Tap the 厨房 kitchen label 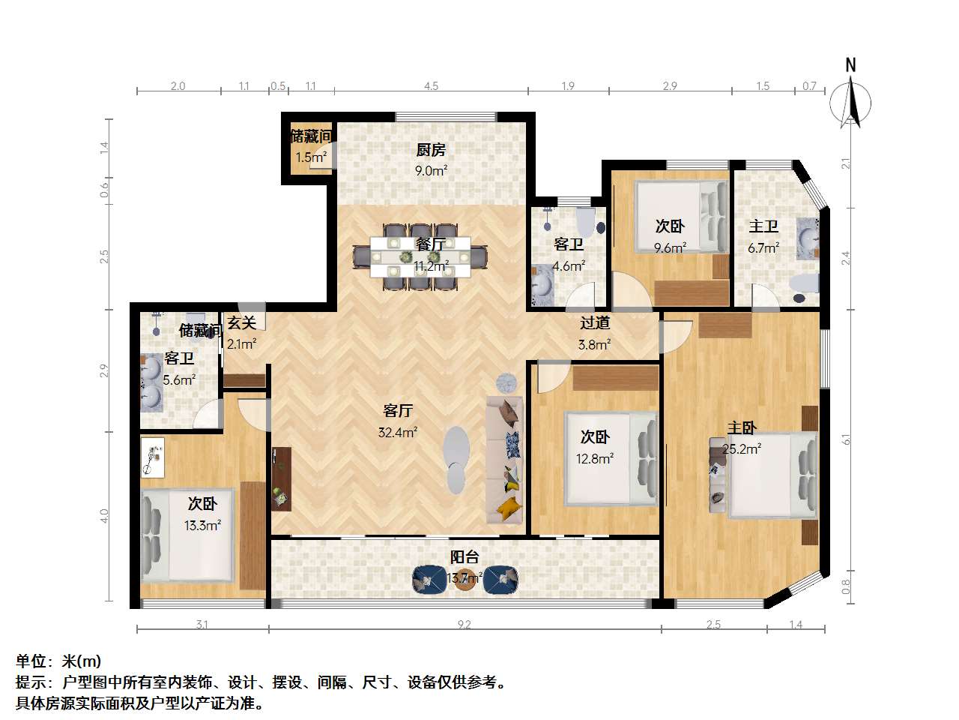[431, 150]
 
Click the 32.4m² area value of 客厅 [398, 432]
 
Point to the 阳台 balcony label [465, 557]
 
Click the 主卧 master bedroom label [742, 428]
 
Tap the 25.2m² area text [742, 449]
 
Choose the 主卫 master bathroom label [763, 226]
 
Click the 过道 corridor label [595, 323]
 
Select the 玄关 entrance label [242, 323]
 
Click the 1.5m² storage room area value [310, 157]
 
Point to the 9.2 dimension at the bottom [465, 624]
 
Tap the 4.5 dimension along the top [431, 86]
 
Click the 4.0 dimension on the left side [105, 516]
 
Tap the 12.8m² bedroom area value [595, 458]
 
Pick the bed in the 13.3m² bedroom [189, 535]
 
